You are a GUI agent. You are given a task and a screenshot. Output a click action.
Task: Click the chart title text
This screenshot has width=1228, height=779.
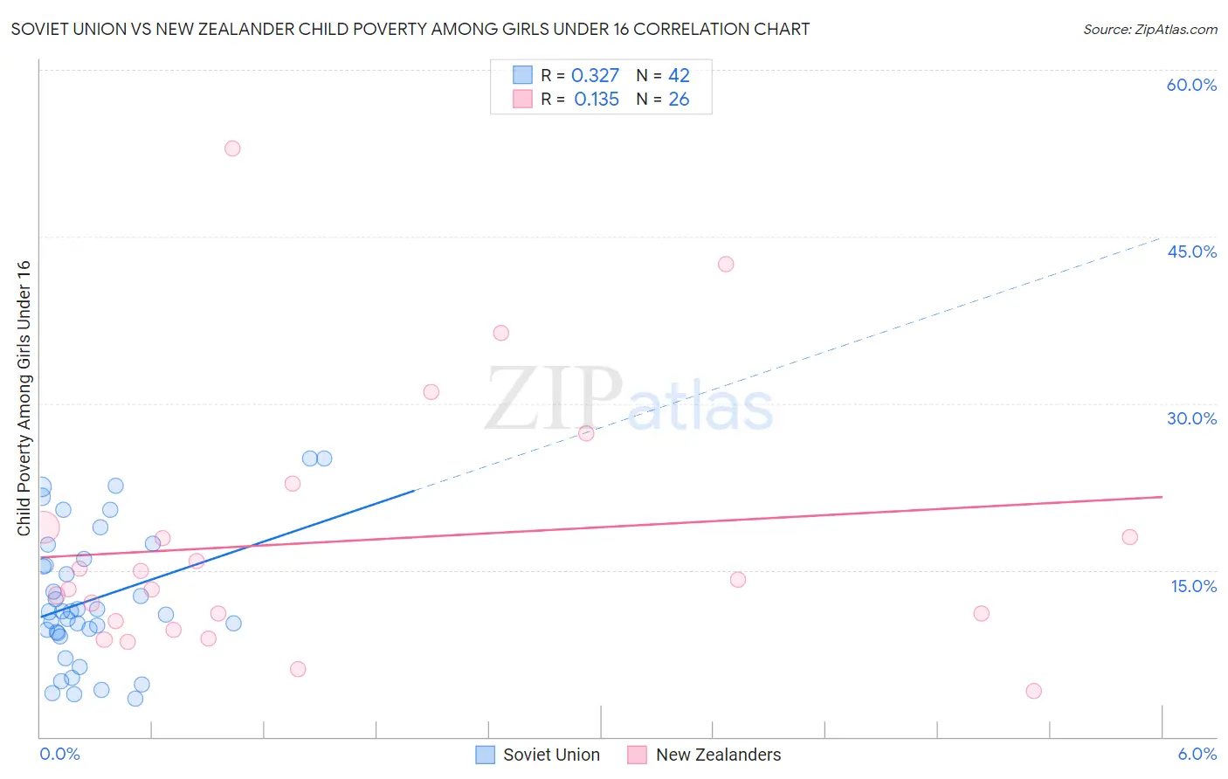(410, 29)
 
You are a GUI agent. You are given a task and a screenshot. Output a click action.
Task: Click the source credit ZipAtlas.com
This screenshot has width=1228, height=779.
(1149, 29)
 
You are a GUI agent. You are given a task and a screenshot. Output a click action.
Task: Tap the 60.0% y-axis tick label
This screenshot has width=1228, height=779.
(1191, 85)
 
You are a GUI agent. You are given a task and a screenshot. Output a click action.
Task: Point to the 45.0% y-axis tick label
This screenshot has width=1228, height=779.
(1191, 252)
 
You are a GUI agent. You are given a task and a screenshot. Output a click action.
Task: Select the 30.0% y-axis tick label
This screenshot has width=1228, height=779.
(1191, 418)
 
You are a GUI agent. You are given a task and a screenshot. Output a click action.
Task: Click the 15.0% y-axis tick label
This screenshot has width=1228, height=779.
(1193, 586)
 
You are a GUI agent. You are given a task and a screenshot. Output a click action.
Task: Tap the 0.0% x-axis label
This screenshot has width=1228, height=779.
(59, 754)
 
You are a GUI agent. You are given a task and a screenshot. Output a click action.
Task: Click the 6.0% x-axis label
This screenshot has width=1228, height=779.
(1197, 754)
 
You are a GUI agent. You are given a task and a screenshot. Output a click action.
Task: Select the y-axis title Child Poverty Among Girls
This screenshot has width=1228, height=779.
(24, 398)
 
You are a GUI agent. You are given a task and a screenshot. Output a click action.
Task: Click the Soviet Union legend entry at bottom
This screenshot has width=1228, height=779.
(538, 755)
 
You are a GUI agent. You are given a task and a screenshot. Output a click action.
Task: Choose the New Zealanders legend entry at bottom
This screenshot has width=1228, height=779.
(705, 755)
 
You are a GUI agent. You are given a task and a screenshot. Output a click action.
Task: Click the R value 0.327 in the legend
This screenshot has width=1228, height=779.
(595, 76)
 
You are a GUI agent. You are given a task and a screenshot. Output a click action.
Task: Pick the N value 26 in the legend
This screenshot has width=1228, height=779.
(679, 100)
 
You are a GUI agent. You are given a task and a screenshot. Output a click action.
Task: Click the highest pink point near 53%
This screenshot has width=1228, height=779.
(232, 148)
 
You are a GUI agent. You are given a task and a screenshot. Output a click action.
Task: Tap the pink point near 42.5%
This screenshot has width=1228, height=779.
(726, 264)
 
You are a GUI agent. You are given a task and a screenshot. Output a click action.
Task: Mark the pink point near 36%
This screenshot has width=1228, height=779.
(500, 333)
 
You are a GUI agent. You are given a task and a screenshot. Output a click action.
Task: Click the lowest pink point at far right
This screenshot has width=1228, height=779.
(1034, 691)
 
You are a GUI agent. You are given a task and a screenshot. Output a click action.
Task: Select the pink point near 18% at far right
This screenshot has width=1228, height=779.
(1129, 537)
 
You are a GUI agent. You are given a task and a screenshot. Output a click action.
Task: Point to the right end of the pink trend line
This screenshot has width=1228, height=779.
(1162, 497)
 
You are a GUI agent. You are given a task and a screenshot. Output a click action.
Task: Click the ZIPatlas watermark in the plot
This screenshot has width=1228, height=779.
(629, 400)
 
